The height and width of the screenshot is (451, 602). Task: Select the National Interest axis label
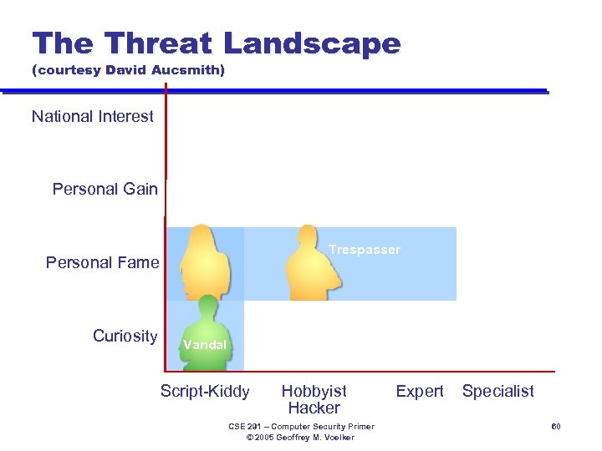93,117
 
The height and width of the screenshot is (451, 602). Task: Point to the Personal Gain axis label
105,190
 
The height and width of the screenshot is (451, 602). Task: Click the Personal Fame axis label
102,263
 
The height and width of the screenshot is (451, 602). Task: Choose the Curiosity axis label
125,337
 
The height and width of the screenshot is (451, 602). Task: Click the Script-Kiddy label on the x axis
205,391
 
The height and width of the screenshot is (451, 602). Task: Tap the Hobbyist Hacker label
314,399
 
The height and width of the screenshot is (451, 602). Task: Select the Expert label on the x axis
420,391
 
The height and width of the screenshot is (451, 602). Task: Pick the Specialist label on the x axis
497,391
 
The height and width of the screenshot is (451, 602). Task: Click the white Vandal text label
205,345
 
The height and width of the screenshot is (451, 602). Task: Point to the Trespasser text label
365,250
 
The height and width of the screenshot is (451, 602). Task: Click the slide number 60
554,427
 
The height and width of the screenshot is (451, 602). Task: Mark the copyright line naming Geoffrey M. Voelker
302,438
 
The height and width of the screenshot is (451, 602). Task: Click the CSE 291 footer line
302,427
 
